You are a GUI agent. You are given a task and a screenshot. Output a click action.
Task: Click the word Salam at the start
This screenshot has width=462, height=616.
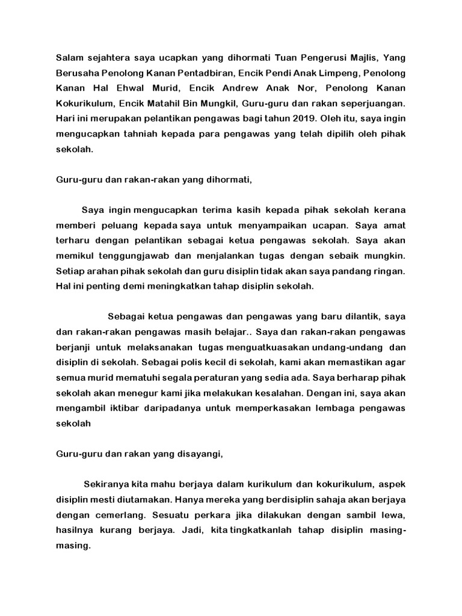click(69, 58)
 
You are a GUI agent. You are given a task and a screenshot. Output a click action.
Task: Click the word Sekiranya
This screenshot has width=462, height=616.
click(105, 484)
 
